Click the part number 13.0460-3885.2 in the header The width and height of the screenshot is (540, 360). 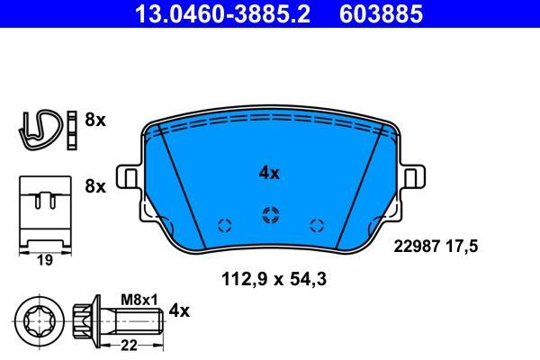click(222, 13)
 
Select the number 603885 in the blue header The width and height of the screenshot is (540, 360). click(381, 13)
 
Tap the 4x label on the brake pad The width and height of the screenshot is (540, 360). click(269, 174)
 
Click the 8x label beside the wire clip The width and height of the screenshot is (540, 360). click(95, 121)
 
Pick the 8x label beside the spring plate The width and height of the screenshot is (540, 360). click(95, 186)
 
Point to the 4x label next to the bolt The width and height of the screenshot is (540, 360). click(179, 311)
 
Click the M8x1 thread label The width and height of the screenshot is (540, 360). click(139, 300)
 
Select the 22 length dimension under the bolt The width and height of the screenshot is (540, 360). click(129, 346)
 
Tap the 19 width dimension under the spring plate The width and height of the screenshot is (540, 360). click(45, 260)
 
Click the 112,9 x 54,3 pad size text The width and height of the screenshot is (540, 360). click(274, 279)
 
